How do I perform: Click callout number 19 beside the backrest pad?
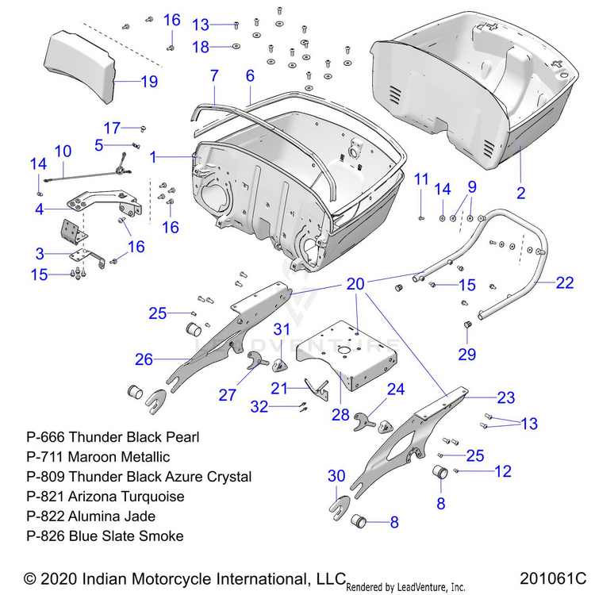(149, 81)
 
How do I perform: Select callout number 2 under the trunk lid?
(520, 192)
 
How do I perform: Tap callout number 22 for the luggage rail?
(564, 282)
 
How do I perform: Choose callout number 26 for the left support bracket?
(144, 359)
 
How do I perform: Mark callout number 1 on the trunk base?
(153, 157)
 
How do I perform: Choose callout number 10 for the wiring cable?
(63, 150)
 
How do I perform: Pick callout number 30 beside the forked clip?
(337, 475)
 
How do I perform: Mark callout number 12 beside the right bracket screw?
(504, 471)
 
